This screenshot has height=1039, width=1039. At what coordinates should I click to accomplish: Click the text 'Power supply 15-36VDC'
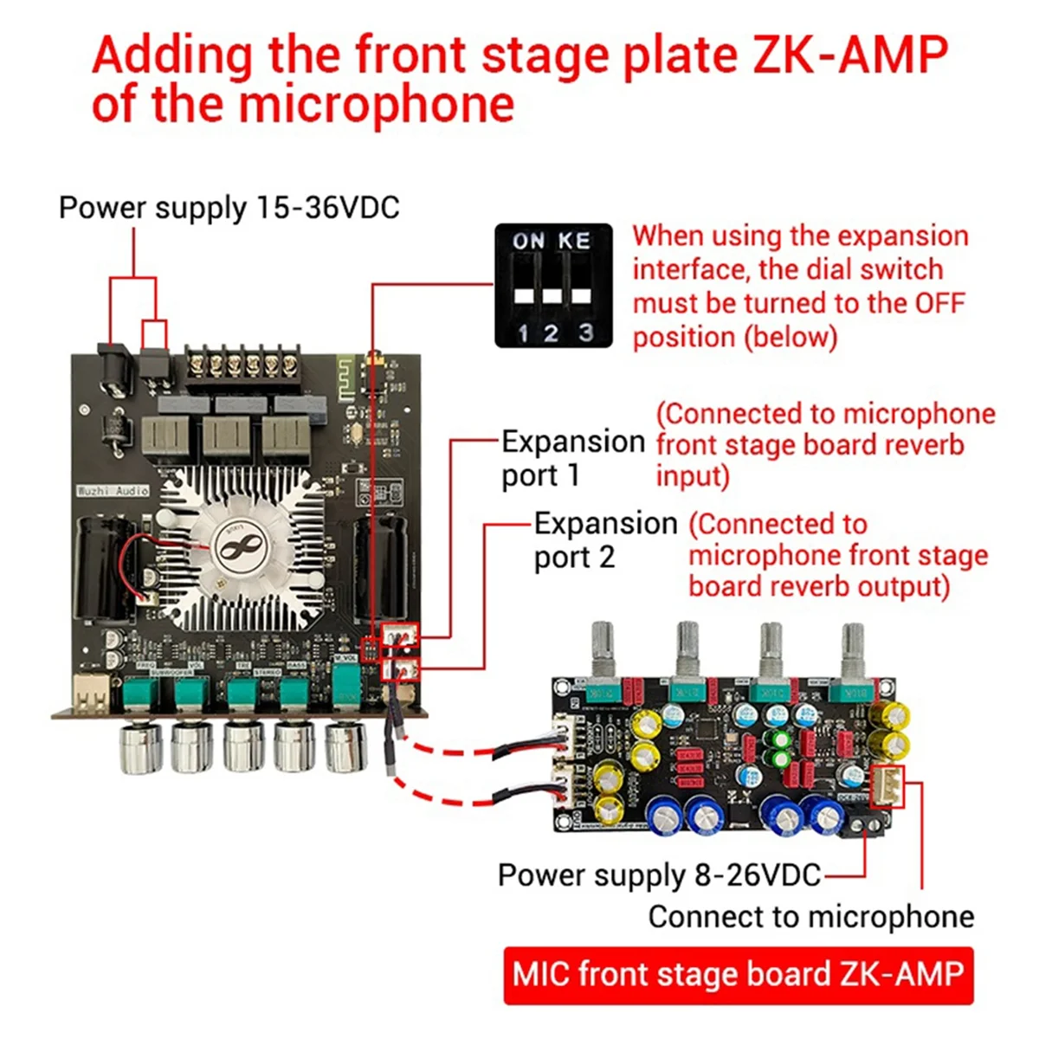229,208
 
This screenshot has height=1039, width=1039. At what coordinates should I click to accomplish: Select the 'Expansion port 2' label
604,540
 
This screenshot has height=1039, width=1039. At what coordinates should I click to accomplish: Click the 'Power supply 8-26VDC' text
659,874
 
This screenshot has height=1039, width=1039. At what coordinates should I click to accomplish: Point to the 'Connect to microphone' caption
810,916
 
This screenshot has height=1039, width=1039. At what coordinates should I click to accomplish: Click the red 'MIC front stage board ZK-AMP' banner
738,974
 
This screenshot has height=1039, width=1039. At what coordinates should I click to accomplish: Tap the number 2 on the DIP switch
552,333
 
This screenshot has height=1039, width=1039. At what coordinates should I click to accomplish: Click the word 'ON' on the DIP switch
527,241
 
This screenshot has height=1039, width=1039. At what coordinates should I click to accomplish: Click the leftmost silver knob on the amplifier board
141,747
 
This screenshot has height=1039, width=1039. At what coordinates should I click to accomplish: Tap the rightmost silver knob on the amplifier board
346,747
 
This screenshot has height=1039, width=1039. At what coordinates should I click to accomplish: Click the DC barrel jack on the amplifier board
114,368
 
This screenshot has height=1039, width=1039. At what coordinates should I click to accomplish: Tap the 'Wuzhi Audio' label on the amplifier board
113,490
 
